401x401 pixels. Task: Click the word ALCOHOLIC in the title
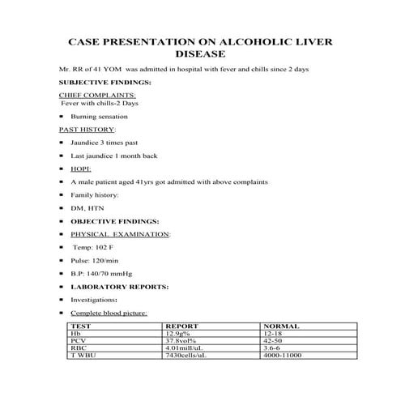[x=242, y=40]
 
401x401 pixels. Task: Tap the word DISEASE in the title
[x=200, y=54]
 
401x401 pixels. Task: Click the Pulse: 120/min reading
[x=96, y=259]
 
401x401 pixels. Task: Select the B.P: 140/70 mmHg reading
[x=108, y=273]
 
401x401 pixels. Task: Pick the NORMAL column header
[x=279, y=326]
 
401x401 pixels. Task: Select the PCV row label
[x=78, y=341]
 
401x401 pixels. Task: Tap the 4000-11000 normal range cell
[x=282, y=356]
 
